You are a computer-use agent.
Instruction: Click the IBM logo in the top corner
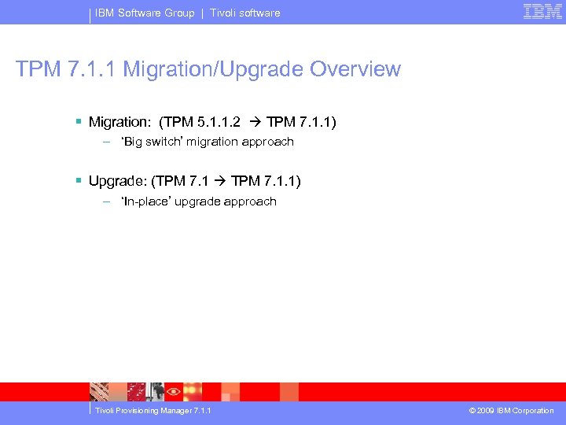pyautogui.click(x=542, y=12)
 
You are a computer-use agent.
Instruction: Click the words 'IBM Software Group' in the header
pyautogui.click(x=145, y=13)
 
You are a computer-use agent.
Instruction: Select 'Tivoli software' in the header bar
pyautogui.click(x=244, y=13)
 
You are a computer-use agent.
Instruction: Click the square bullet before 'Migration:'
pyautogui.click(x=79, y=122)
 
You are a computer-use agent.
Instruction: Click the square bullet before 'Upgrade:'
pyautogui.click(x=79, y=182)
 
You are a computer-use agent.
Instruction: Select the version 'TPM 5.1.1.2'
pyautogui.click(x=202, y=122)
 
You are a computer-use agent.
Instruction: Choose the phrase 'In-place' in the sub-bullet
pyautogui.click(x=146, y=201)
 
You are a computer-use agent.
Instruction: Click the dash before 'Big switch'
pyautogui.click(x=106, y=142)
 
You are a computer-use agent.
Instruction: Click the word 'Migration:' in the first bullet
pyautogui.click(x=119, y=122)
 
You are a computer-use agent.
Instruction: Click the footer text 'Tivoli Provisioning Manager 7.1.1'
pyautogui.click(x=153, y=411)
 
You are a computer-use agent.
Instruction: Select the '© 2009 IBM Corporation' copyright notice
pyautogui.click(x=511, y=411)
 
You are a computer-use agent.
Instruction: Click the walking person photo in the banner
pyautogui.click(x=156, y=391)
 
